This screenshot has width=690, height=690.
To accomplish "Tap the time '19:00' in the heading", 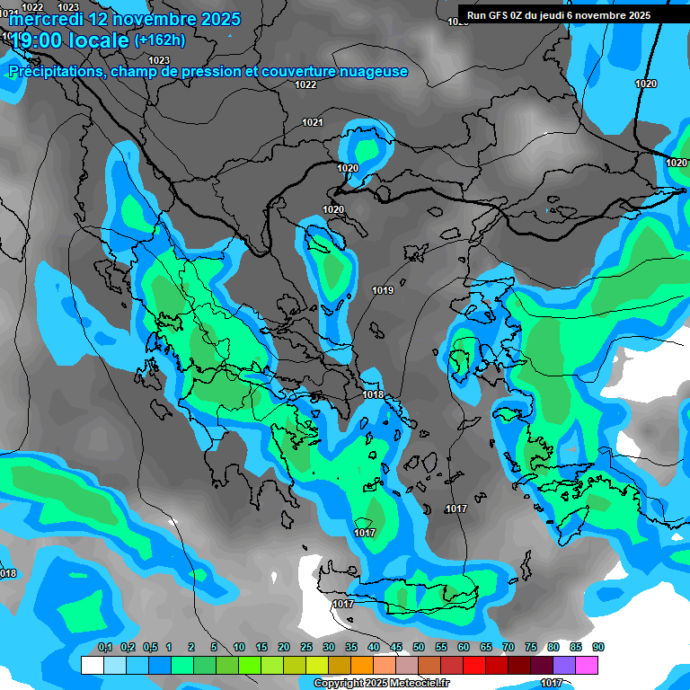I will coord(42,41).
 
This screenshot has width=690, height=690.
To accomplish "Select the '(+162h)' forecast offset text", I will coord(159,40).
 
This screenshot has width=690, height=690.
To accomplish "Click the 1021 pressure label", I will coord(313,122).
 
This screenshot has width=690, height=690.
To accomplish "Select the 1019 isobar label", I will coord(383,290).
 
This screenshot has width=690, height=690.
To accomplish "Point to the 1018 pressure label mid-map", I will coord(373,394).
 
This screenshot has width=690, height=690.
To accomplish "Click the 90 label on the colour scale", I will coord(598,647).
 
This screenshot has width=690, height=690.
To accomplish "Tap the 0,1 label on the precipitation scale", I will coord(104,647).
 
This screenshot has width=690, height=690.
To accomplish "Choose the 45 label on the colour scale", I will coord(396,647).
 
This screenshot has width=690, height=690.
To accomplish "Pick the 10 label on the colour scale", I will coord(238,647).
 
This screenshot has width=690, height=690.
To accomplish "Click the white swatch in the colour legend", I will coord(92,665).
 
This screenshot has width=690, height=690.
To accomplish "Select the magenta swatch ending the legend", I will coord(587,665).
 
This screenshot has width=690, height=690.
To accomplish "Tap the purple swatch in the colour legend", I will coord(564,665).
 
